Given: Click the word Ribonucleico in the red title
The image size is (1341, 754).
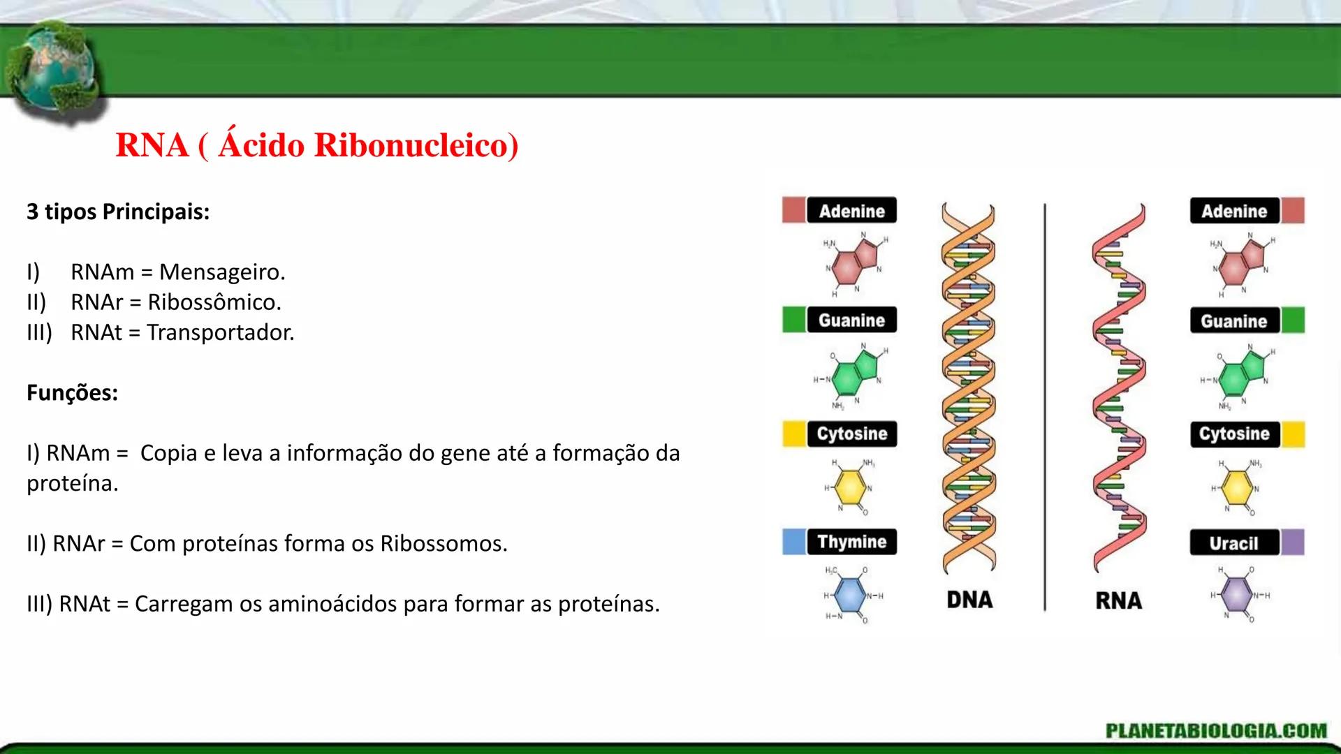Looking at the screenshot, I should pyautogui.click(x=416, y=146).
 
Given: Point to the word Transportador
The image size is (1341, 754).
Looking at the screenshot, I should pyautogui.click(x=220, y=333).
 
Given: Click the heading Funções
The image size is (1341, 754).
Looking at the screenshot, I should pyautogui.click(x=72, y=393).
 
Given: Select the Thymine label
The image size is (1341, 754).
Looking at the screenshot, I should pyautogui.click(x=851, y=542).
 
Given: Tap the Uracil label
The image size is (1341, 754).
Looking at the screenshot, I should pyautogui.click(x=1233, y=542).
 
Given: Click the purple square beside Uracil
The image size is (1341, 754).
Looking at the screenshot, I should pyautogui.click(x=1293, y=542).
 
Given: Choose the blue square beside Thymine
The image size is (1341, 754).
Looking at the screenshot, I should pyautogui.click(x=793, y=542).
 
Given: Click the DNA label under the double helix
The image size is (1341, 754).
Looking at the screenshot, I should pyautogui.click(x=969, y=600).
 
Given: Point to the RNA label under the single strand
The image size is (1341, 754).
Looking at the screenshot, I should pyautogui.click(x=1118, y=600).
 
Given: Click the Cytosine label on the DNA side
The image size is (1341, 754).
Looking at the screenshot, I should pyautogui.click(x=851, y=434).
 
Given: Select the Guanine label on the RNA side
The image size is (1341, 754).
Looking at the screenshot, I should pyautogui.click(x=1233, y=321).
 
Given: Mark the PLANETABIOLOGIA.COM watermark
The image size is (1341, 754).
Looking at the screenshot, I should pyautogui.click(x=1216, y=731).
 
